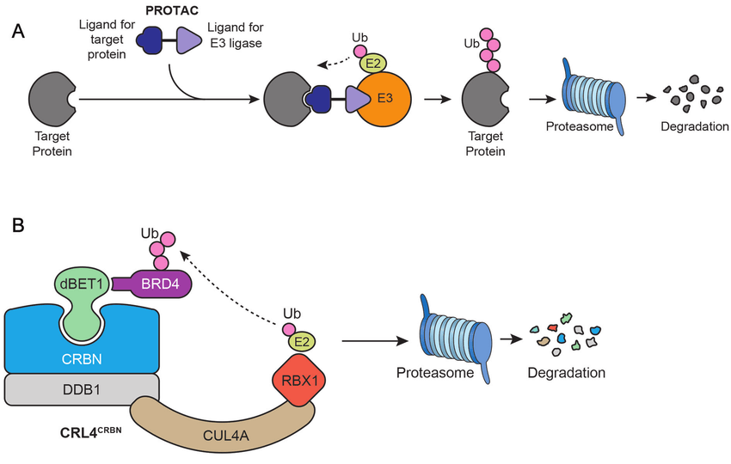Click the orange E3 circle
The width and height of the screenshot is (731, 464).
[383, 100]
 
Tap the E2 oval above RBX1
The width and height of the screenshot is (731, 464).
[300, 342]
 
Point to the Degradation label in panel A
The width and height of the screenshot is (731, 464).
[695, 127]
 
